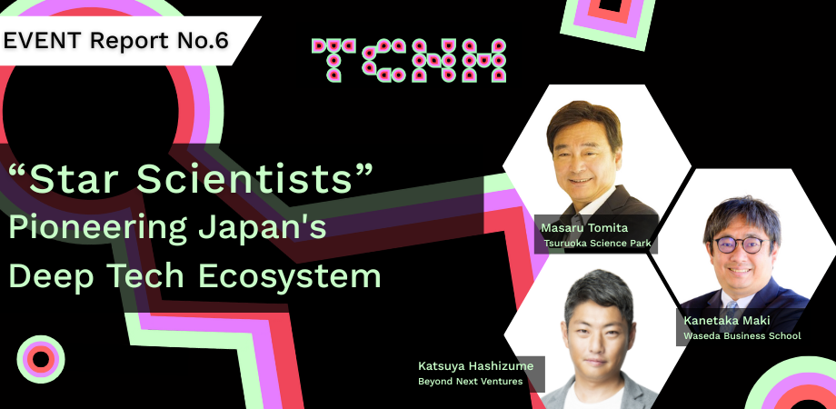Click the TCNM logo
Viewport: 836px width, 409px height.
click(x=409, y=61)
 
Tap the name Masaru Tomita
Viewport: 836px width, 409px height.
click(x=584, y=228)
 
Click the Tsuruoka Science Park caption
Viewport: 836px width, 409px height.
click(x=597, y=244)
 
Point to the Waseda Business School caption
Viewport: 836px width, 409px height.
click(x=742, y=336)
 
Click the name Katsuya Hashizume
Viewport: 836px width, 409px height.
click(x=475, y=365)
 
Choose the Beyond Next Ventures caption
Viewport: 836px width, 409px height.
click(x=471, y=381)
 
